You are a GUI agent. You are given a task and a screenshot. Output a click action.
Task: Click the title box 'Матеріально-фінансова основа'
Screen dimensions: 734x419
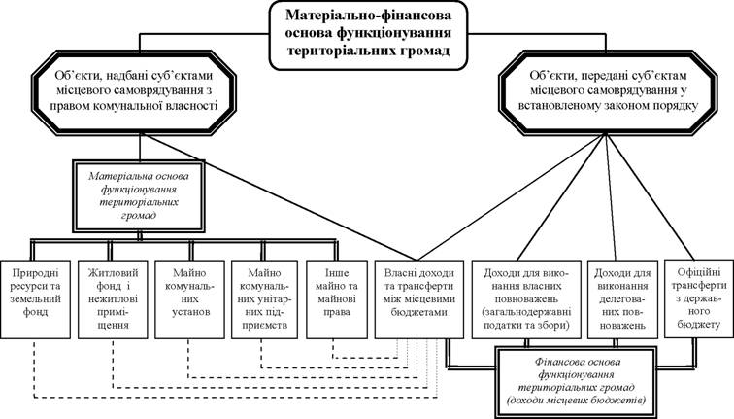[368, 36]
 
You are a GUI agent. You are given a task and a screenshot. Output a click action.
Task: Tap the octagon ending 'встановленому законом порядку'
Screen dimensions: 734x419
[608, 91]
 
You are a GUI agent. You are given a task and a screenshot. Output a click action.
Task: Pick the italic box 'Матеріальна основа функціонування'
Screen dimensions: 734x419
[139, 196]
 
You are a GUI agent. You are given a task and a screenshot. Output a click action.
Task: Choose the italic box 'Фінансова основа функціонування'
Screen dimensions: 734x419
[576, 381]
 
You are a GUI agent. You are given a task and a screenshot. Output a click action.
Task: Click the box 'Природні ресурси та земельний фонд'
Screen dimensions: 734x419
[36, 299]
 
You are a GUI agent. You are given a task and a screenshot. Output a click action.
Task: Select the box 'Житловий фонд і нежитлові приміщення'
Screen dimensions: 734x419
[114, 299]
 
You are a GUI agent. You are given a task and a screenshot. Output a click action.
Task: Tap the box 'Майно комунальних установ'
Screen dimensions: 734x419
[190, 299]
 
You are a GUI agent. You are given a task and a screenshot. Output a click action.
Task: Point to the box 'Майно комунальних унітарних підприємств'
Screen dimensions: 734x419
[264, 299]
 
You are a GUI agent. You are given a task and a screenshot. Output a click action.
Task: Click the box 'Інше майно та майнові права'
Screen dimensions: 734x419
[337, 299]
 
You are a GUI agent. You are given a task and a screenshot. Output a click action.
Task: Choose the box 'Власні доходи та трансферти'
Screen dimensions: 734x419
[419, 299]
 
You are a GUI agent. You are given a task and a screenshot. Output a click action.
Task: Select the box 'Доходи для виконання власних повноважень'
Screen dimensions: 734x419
[526, 299]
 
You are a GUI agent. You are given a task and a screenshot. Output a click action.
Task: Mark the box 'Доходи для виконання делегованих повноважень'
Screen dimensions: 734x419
[622, 299]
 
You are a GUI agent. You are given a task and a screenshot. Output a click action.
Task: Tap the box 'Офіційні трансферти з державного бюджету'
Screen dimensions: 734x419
[699, 298]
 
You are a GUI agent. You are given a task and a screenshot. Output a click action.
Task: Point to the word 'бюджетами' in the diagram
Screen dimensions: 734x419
[419, 312]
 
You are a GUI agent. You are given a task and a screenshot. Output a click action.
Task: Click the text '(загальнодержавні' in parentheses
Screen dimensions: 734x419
[526, 312]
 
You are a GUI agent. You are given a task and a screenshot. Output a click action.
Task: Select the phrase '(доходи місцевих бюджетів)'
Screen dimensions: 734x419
[577, 401]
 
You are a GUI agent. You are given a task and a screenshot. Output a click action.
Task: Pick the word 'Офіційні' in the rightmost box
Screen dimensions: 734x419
[699, 272]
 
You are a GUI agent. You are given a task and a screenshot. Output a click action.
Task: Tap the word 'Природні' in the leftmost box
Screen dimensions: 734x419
[36, 273]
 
